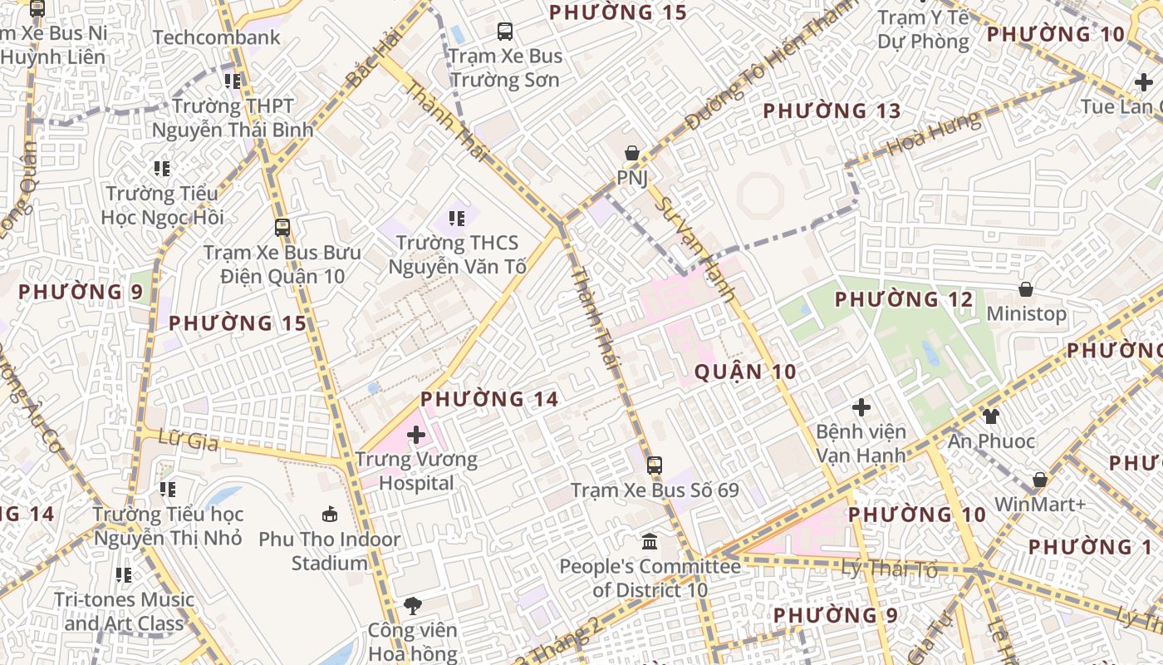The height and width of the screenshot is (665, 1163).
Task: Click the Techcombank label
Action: [x=217, y=37]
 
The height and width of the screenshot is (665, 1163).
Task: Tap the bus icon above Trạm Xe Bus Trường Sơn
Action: [x=505, y=32]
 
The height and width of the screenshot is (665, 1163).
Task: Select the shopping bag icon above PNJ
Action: [x=632, y=153]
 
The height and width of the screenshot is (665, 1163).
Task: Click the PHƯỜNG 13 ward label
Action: [x=832, y=111]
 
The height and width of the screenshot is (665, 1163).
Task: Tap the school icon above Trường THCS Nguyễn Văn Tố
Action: [x=456, y=219]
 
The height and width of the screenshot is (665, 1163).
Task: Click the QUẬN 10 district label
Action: [x=745, y=372]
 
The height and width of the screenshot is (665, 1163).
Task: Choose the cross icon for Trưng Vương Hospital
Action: [x=416, y=435]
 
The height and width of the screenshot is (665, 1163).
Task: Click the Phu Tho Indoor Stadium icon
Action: [x=330, y=515]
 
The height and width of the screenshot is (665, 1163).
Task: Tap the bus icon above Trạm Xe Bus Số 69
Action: [x=655, y=465]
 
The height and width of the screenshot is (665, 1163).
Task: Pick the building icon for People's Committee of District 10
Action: [x=650, y=542]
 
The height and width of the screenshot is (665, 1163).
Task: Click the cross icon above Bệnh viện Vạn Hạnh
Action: [x=861, y=407]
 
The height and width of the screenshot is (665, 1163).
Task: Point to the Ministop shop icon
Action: [x=1026, y=289]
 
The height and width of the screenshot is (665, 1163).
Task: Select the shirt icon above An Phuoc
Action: [x=990, y=416]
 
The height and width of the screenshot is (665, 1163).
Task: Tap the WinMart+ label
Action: [x=1040, y=505]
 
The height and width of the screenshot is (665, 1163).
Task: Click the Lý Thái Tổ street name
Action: [x=889, y=569]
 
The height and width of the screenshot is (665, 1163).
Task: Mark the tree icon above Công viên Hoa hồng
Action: [x=413, y=605]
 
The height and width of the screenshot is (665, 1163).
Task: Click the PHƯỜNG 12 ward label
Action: [x=903, y=299]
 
